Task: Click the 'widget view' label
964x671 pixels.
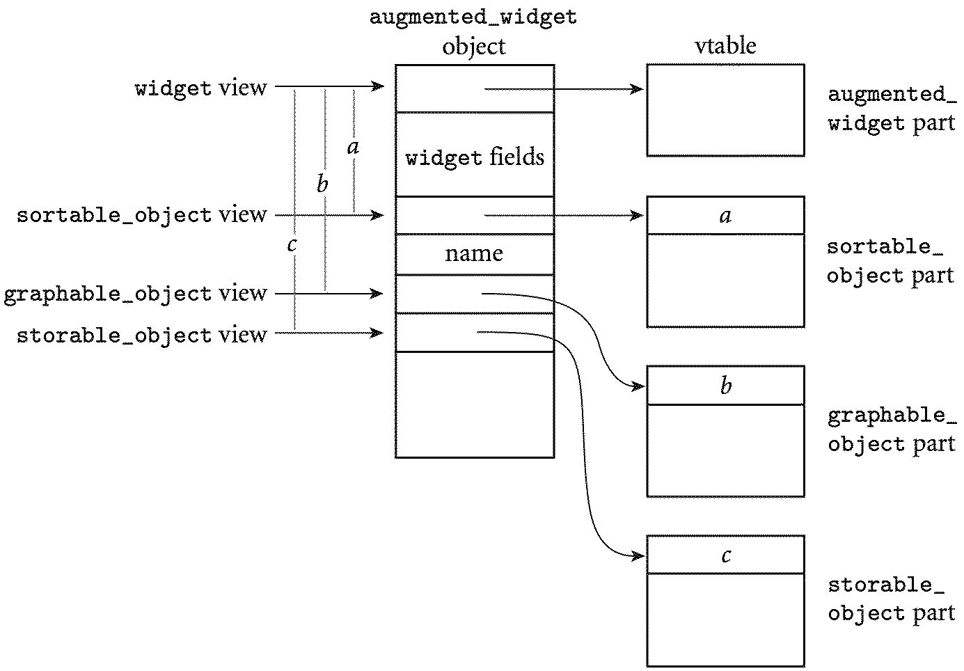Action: click(200, 88)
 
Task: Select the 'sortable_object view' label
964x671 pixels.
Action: click(141, 215)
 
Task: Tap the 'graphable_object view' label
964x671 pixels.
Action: click(135, 294)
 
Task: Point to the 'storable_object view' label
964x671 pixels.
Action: click(141, 335)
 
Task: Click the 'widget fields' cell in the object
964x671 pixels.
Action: click(475, 157)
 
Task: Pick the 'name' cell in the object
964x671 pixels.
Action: click(474, 253)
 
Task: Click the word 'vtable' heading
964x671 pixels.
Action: click(725, 46)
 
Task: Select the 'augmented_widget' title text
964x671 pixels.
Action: click(473, 17)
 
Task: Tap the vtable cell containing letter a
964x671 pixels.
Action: click(725, 216)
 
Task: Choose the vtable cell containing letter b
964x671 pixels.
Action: click(725, 386)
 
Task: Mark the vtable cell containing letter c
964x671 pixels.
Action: click(725, 555)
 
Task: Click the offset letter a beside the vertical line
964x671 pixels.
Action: click(353, 147)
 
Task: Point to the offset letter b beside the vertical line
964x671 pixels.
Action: click(322, 184)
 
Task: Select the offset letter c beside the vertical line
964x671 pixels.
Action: click(292, 244)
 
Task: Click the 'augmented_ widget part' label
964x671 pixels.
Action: click(891, 109)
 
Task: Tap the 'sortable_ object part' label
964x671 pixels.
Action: click(890, 261)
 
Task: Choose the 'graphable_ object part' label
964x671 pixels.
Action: click(891, 429)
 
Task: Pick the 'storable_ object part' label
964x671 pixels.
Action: click(891, 599)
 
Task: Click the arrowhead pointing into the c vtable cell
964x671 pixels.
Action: click(640, 555)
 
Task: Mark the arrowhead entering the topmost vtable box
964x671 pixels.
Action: click(638, 89)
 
